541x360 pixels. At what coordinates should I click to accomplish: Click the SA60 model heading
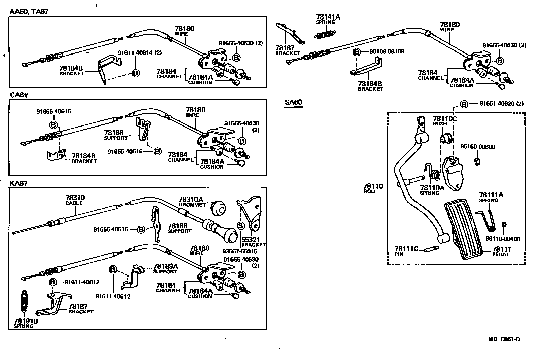pos(293,102)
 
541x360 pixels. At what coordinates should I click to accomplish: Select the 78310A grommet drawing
pos(219,209)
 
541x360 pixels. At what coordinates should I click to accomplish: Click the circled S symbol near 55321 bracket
pos(241,226)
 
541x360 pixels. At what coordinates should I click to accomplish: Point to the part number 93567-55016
pos(240,251)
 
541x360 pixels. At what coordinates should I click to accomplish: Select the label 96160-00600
pos(477,147)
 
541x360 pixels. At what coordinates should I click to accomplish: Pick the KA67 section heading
pos(19,183)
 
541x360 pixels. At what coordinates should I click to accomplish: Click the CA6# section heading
pos(19,95)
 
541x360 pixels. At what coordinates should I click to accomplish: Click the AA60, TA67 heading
pos(29,12)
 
